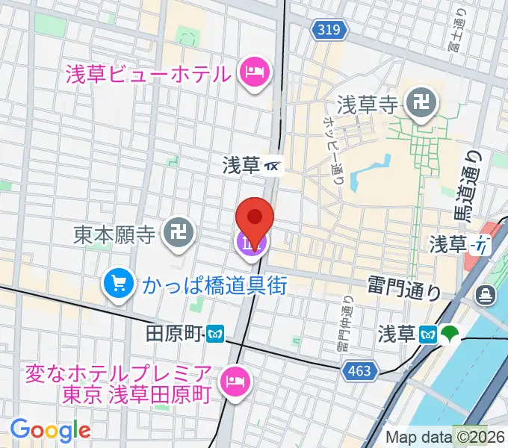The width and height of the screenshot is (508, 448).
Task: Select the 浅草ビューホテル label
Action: pos(147,74)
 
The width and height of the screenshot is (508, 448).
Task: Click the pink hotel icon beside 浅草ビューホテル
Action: pos(252,72)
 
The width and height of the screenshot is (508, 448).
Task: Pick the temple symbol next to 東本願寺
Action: pos(179,234)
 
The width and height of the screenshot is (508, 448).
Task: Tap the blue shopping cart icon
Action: pos(118,283)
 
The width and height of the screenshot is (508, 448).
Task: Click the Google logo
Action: pos(50,429)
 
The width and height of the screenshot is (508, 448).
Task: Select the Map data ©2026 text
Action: pos(444,437)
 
